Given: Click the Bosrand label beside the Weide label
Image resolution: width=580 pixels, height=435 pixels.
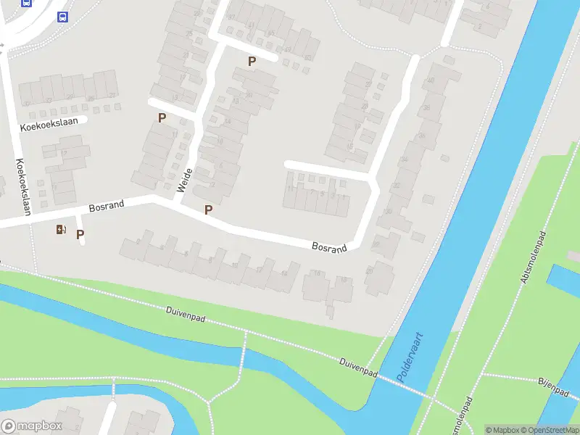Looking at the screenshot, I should pos(107,206).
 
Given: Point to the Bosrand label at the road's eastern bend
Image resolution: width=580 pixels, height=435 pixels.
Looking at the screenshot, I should pos(329,247).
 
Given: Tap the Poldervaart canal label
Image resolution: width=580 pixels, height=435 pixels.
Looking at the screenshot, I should pos(410,358).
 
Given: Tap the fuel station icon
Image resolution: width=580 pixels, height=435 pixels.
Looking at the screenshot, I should pos(61,230).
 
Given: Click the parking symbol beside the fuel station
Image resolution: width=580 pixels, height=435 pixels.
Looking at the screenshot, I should pos(80,234).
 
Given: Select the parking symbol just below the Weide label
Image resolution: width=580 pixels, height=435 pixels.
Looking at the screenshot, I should pos(209,210).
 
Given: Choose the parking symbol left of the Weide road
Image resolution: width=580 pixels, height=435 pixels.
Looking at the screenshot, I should pos(162,117).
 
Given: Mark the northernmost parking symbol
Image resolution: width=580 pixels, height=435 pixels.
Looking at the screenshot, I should pos(252,62).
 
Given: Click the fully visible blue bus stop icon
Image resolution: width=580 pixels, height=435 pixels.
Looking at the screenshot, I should pos(62,17).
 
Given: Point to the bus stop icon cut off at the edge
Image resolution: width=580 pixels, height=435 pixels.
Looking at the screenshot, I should pos(26,2).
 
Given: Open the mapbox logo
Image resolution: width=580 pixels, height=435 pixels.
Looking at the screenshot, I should pos(32,426).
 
